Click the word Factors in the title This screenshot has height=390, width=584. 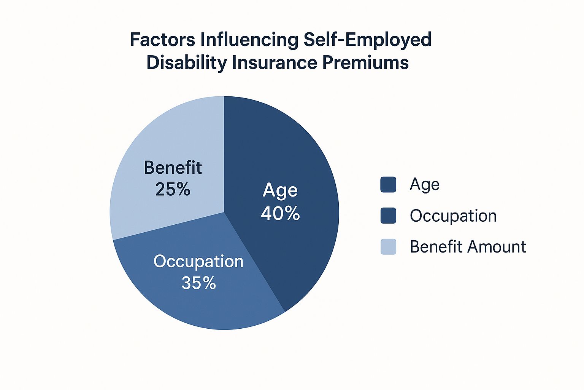(x=162, y=40)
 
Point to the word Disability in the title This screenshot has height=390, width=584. (x=186, y=63)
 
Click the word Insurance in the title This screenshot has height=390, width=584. (x=274, y=63)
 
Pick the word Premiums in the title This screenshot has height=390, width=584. (x=365, y=63)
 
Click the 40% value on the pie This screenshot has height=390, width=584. (x=280, y=213)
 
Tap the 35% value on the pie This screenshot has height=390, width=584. (x=199, y=283)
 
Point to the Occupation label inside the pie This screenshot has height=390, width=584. (x=198, y=262)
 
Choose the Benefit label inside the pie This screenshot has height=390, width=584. (x=173, y=167)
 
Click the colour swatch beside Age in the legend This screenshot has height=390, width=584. (x=388, y=184)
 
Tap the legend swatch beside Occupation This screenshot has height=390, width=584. (x=388, y=216)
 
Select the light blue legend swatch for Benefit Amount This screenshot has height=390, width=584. (x=388, y=246)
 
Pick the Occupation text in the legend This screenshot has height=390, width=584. (x=453, y=216)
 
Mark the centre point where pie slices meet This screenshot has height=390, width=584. (x=224, y=212)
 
